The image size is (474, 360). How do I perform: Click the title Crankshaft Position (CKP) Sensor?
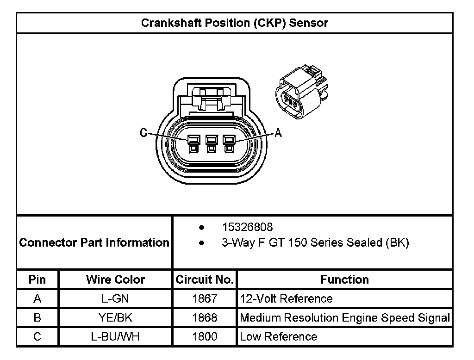click(234, 23)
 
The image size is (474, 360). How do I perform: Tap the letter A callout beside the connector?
click(278, 133)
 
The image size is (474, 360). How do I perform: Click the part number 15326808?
click(247, 227)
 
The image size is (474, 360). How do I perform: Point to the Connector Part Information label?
click(94, 242)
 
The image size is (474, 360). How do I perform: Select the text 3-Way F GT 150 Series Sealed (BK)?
click(315, 242)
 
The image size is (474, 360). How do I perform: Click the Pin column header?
click(37, 279)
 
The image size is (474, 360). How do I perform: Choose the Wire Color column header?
click(115, 279)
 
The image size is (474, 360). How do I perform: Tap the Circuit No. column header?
click(205, 279)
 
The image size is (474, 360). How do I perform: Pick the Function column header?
click(344, 279)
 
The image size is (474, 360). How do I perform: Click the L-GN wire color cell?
click(115, 299)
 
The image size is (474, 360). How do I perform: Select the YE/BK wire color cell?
click(115, 318)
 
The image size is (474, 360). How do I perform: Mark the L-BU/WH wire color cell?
click(115, 337)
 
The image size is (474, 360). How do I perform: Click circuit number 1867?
click(205, 299)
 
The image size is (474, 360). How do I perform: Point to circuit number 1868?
click(205, 318)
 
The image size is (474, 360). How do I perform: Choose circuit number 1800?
click(205, 337)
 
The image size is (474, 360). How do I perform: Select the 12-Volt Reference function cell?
click(286, 299)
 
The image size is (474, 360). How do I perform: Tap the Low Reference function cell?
click(279, 337)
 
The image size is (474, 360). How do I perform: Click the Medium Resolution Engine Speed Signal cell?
click(345, 318)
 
